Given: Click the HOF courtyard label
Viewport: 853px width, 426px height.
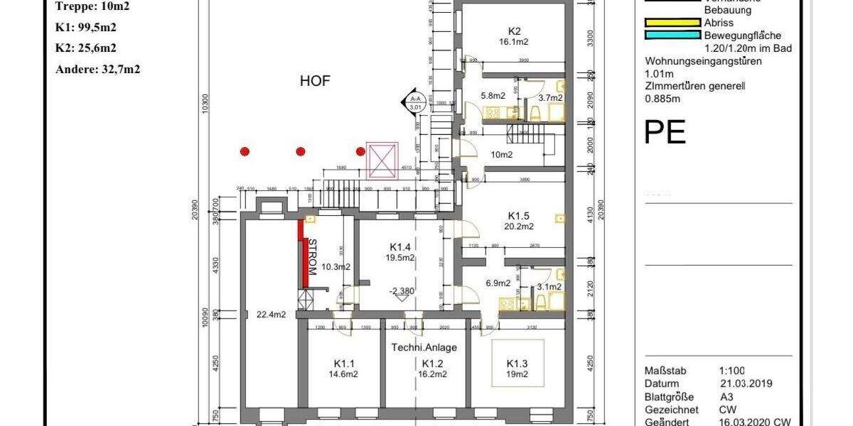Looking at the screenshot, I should (315, 81).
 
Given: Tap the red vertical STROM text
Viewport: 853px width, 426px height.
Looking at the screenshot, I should (311, 257).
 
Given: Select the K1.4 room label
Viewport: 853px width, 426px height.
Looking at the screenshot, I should (400, 246).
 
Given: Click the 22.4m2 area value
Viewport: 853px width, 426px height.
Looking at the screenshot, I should (271, 314).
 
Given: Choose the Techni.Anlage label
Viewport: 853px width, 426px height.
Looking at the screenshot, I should (424, 348).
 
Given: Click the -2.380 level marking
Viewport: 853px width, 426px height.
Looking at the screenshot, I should (402, 291).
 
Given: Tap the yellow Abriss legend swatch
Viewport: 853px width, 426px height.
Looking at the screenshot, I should (672, 22).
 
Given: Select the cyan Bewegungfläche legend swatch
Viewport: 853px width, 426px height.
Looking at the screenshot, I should (672, 35).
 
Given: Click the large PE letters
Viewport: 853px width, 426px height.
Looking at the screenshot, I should (665, 132).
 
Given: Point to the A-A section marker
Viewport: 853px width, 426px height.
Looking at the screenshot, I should (414, 102).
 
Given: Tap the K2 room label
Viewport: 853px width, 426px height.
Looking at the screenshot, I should (515, 31).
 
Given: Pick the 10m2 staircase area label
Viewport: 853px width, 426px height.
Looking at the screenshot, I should (502, 155).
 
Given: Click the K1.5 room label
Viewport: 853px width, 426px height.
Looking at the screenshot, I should (518, 216).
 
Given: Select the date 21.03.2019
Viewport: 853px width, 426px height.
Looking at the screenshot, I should (746, 383).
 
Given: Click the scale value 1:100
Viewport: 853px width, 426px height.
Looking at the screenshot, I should (732, 371).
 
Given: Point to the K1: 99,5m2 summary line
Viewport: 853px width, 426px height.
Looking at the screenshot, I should (86, 28).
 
